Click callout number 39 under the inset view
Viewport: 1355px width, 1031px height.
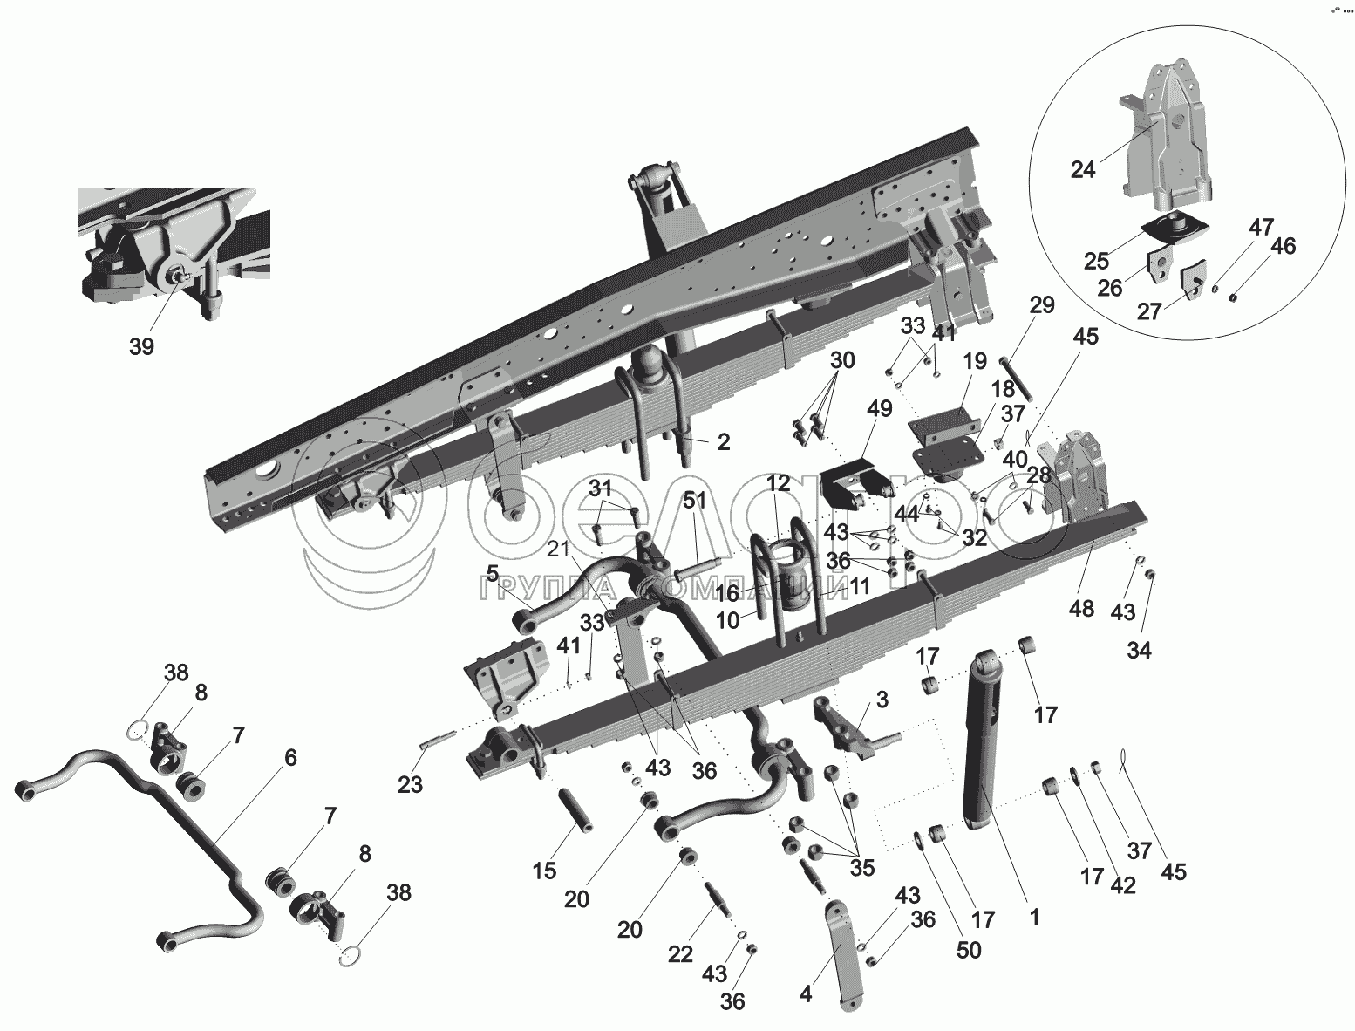[x=141, y=346]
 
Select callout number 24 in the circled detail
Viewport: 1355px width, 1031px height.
[x=1082, y=169]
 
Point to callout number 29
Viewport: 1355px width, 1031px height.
[x=1041, y=305]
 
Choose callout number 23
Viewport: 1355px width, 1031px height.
[x=410, y=784]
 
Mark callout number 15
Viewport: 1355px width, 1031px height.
[x=544, y=870]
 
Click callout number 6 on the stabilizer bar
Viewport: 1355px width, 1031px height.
[x=289, y=757]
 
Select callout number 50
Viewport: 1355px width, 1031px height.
[x=969, y=949]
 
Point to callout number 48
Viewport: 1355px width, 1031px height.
[x=1081, y=608]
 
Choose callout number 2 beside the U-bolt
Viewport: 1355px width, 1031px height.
[x=723, y=442]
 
